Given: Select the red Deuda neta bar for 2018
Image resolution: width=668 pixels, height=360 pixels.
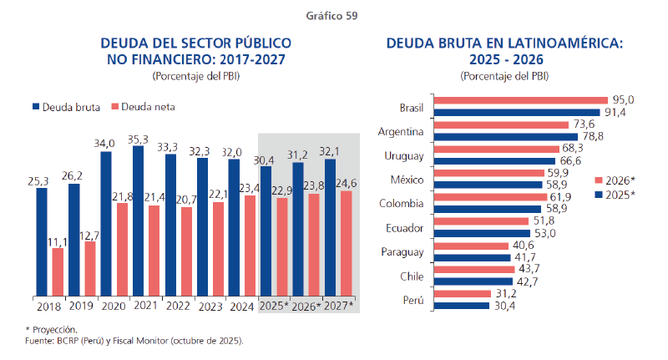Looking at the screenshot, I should (x=58, y=271).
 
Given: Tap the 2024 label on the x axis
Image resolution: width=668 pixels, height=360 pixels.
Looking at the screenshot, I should (x=243, y=306).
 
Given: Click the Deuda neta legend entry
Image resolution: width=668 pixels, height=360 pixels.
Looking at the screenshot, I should (x=153, y=107).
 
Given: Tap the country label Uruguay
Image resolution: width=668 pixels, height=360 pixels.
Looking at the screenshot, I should (x=405, y=155).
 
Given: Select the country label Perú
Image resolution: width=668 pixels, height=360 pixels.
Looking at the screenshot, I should (x=413, y=299).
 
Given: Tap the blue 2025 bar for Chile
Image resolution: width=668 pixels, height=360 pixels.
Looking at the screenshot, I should (x=485, y=281).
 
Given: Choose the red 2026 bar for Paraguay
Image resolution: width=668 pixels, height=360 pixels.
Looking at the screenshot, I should (x=473, y=246).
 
